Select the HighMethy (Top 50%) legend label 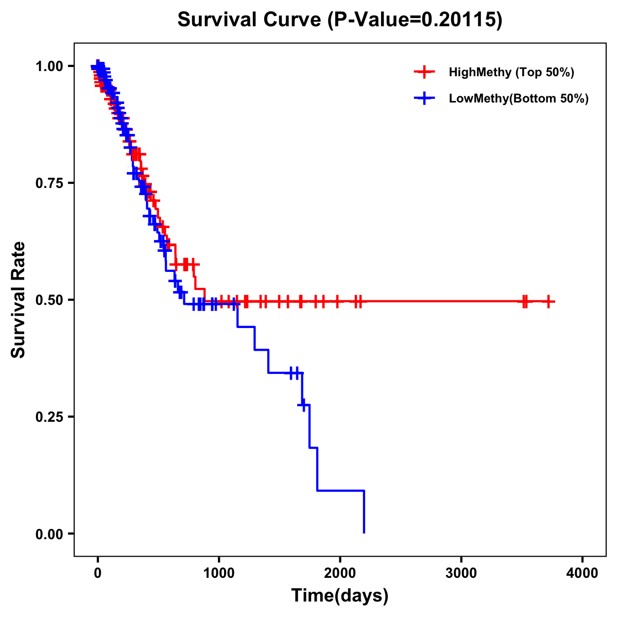pyautogui.click(x=511, y=72)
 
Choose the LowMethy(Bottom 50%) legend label pyautogui.click(x=519, y=98)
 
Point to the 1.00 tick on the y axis pyautogui.click(x=49, y=66)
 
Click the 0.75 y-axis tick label pyautogui.click(x=49, y=183)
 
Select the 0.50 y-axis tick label pyautogui.click(x=49, y=300)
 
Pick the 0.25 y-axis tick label pyautogui.click(x=49, y=417)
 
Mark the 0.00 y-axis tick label pyautogui.click(x=49, y=534)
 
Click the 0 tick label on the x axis pyautogui.click(x=97, y=573)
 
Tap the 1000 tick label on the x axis pyautogui.click(x=219, y=573)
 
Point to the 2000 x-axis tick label pyautogui.click(x=340, y=573)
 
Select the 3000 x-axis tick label pyautogui.click(x=461, y=573)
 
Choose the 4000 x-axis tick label pyautogui.click(x=582, y=573)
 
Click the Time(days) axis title pyautogui.click(x=340, y=596)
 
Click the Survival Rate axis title pyautogui.click(x=19, y=300)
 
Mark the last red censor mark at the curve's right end pyautogui.click(x=548, y=301)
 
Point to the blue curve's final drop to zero pyautogui.click(x=364, y=512)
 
